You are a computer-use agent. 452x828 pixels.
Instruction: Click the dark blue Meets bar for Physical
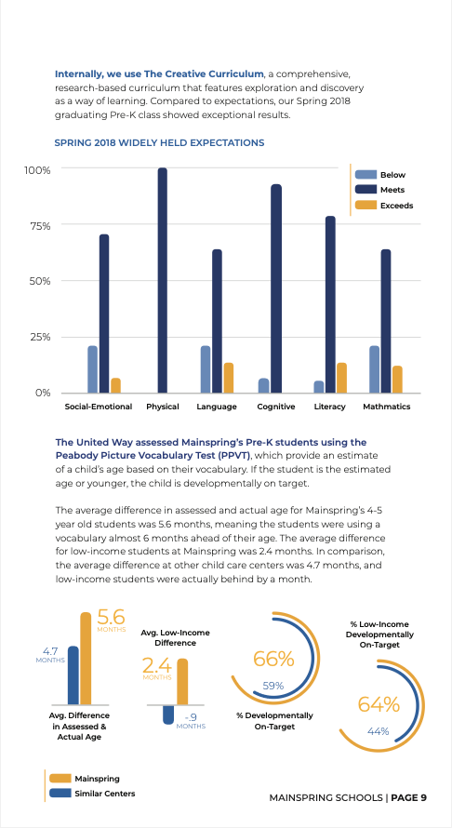162,280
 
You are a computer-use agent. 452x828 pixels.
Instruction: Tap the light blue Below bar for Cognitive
263,385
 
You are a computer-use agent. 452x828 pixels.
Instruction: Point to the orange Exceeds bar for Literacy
341,378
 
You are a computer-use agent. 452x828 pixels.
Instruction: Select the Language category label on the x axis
217,407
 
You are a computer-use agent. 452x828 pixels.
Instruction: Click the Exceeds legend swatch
366,205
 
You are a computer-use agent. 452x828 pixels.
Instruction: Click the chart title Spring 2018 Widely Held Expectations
159,142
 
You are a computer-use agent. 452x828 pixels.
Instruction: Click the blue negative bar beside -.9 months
168,714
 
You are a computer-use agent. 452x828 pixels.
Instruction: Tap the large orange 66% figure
273,659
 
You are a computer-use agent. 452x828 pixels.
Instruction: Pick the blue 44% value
379,731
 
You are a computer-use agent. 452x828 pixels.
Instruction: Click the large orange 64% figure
379,704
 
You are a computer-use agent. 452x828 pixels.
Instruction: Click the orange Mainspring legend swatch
60,779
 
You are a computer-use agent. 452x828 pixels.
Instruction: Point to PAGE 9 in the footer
409,797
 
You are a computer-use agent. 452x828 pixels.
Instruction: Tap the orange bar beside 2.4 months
182,681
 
